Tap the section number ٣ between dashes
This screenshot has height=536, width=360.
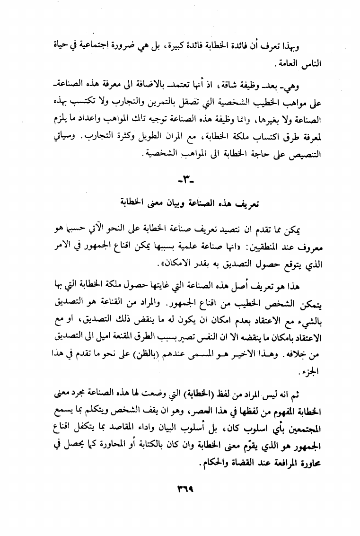(x=180, y=181)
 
